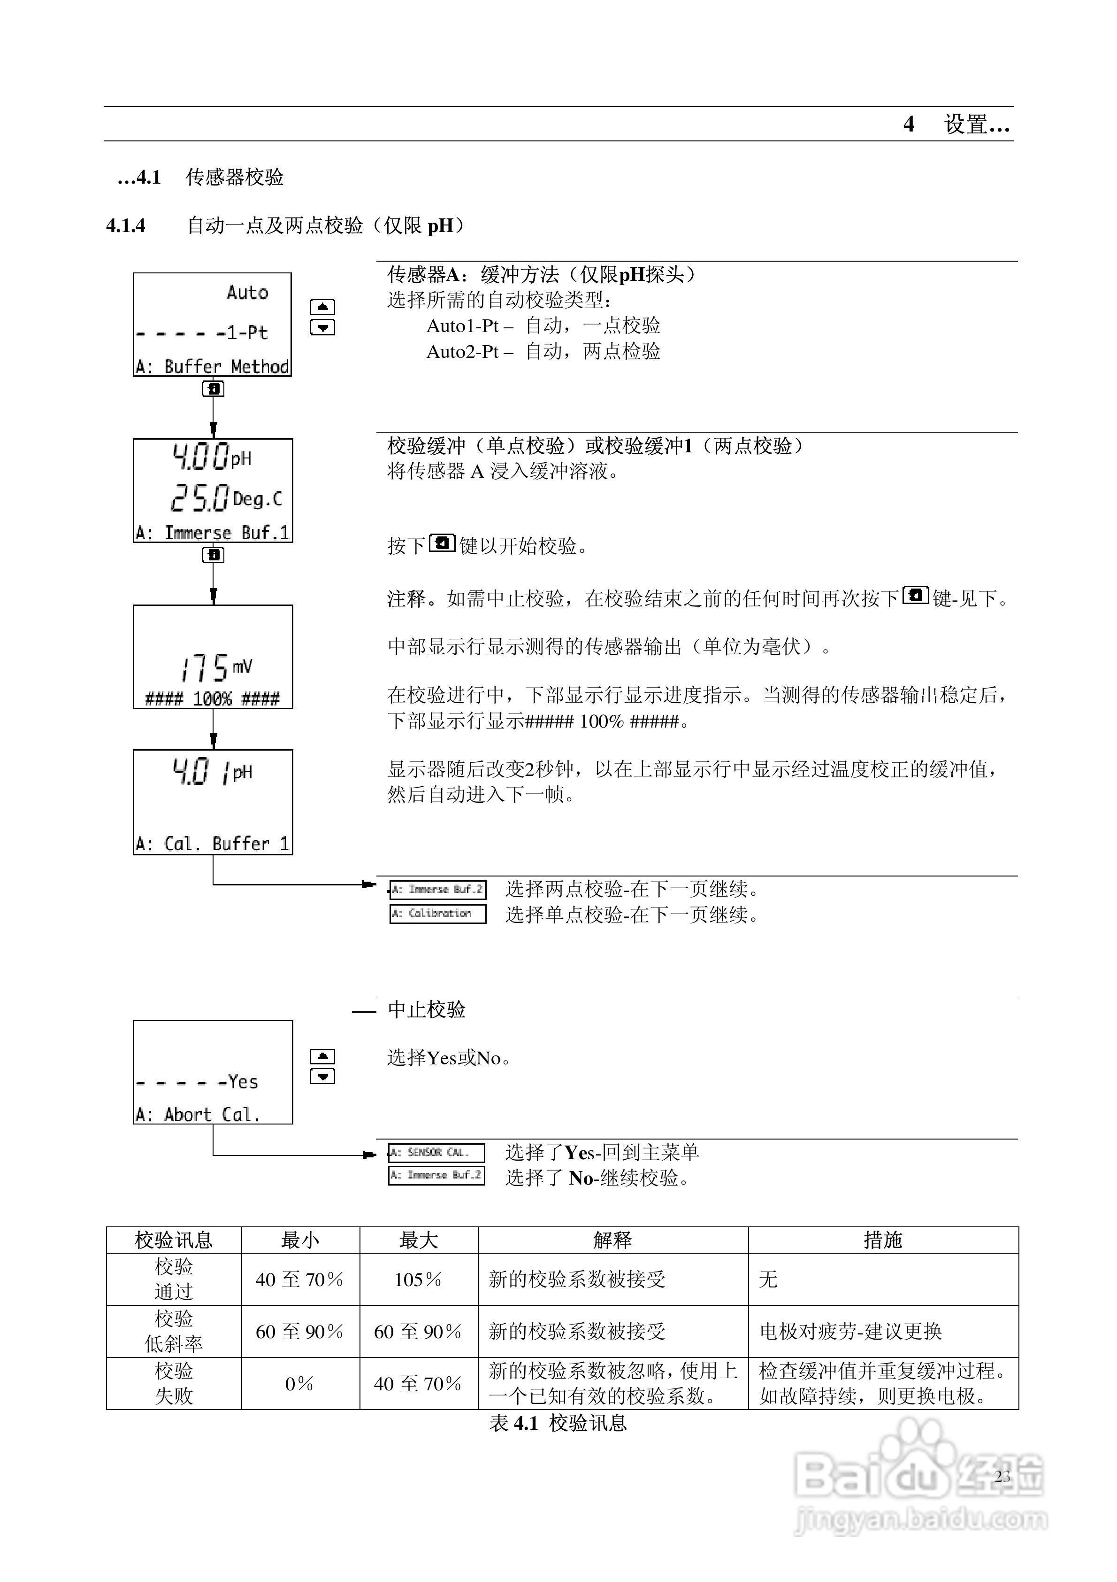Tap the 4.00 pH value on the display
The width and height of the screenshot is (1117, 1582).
click(211, 457)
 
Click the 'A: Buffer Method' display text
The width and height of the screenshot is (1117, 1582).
click(212, 366)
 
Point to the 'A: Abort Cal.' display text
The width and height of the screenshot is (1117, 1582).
click(198, 1114)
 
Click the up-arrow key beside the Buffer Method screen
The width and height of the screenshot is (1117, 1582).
click(322, 307)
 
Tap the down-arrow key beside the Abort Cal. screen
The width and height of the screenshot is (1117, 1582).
click(322, 1076)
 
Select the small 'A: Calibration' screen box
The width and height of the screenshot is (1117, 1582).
click(438, 914)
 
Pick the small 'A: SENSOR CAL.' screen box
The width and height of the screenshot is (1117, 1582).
click(436, 1152)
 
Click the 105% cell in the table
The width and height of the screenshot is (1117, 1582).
click(418, 1280)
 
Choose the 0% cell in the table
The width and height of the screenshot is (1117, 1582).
click(299, 1384)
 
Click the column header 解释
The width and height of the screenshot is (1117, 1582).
click(612, 1240)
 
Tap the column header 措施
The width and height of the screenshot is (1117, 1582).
click(883, 1240)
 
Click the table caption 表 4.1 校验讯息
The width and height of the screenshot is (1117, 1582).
click(558, 1423)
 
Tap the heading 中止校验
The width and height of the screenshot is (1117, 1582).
click(426, 1009)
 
